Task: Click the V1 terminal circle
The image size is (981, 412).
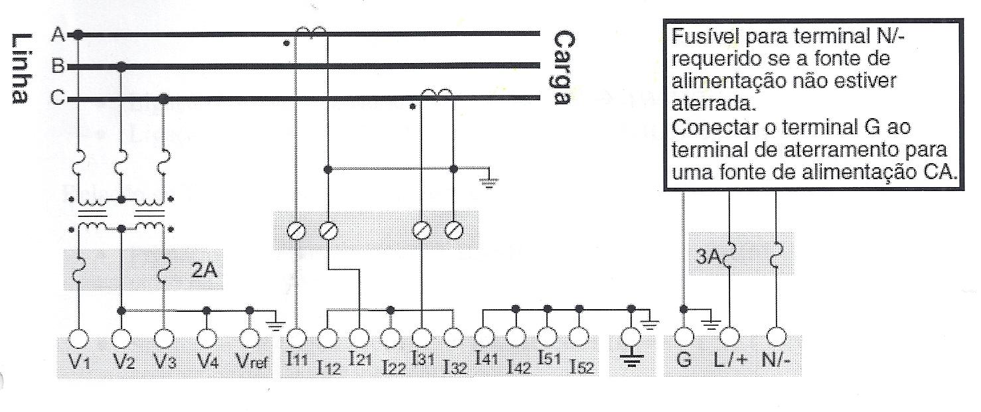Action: coord(79,338)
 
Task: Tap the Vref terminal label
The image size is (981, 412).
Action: coord(252,362)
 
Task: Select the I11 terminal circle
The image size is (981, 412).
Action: coord(297,338)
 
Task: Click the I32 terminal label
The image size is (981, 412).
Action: coord(455,368)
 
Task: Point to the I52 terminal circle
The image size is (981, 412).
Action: coord(579,337)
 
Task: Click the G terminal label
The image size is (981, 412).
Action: coord(684,360)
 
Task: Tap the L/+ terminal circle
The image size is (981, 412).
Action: coord(729,336)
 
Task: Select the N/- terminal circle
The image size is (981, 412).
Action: coord(776,336)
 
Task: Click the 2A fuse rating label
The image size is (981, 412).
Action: coord(204,271)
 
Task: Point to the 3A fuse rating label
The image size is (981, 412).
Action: coord(708,257)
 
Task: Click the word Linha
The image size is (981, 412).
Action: coord(21,69)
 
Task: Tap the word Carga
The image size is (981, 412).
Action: coord(564,67)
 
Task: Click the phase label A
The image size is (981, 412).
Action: coord(58,34)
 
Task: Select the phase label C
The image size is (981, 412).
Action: coord(57,98)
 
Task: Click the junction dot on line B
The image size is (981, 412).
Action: coord(121,66)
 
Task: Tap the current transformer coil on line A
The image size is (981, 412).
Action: coord(311,31)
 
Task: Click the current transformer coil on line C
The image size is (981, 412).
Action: coord(437,93)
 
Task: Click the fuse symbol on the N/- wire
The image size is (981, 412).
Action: coord(775,254)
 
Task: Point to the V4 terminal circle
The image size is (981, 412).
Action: coord(206,338)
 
